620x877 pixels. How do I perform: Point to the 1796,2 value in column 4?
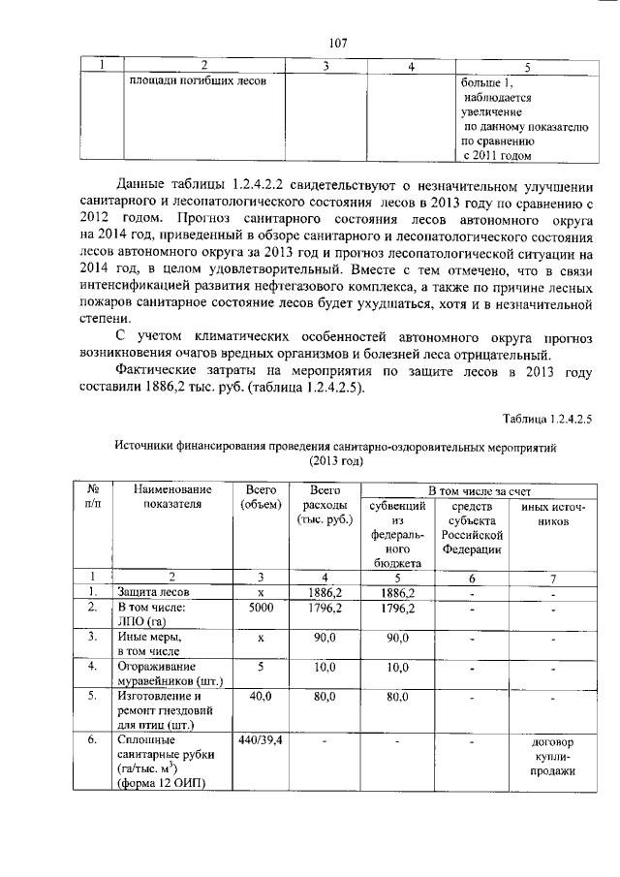(324, 609)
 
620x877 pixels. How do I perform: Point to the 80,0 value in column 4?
(324, 696)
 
